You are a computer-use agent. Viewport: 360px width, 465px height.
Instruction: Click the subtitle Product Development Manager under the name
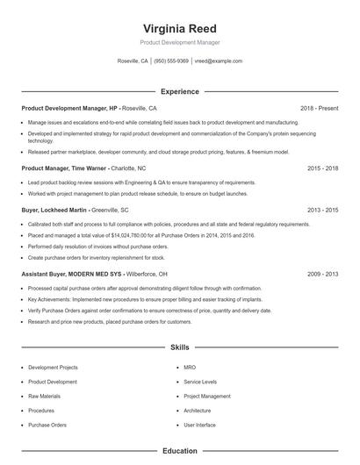click(x=179, y=42)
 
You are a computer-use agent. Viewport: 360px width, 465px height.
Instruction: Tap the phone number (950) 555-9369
click(x=171, y=61)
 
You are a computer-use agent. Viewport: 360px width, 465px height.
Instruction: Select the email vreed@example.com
click(x=219, y=61)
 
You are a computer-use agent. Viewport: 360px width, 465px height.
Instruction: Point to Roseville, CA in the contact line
click(x=133, y=61)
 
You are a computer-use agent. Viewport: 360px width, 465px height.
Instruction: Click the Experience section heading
click(x=179, y=91)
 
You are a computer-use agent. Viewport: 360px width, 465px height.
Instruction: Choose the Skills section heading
click(x=179, y=347)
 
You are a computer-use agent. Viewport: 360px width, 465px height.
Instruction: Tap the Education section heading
click(x=179, y=451)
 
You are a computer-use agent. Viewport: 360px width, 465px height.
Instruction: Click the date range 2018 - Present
click(x=319, y=108)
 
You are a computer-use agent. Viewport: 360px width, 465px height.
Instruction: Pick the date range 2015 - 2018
click(x=322, y=168)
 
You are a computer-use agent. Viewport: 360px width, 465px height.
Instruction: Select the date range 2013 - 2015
click(x=322, y=211)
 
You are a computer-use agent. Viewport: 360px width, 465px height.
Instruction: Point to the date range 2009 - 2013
click(x=322, y=275)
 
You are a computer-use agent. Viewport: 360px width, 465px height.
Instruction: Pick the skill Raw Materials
click(x=45, y=396)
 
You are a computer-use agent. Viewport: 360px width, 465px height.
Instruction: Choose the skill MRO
click(x=190, y=368)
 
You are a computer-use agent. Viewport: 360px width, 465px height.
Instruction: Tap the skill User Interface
click(x=200, y=425)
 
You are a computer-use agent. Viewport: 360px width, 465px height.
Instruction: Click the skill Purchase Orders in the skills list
click(x=47, y=425)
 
